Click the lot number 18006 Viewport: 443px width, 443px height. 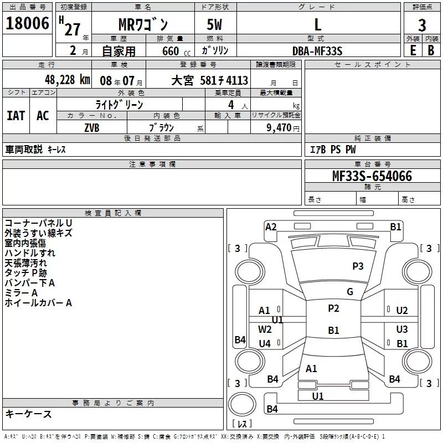pos(27,23)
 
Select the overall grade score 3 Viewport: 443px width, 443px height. pos(422,25)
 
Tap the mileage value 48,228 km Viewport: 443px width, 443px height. pos(67,80)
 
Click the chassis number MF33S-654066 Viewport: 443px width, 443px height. pos(372,176)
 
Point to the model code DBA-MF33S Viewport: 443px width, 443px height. pos(317,51)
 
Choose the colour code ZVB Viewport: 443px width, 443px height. pos(92,128)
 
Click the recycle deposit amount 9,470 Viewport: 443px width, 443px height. pos(279,127)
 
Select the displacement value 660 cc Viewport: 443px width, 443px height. pos(176,51)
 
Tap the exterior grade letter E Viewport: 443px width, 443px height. pos(413,50)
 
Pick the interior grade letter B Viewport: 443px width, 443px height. pos(431,50)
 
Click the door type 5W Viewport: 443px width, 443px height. pos(214,24)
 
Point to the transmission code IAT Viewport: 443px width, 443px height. pos(16,116)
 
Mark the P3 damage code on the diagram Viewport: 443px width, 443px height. pos(358,266)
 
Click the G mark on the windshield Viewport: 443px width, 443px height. pos(350,291)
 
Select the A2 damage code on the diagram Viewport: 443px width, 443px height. pos(271,227)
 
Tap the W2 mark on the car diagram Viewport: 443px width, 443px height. pos(265,329)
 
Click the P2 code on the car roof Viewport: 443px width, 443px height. pos(333,308)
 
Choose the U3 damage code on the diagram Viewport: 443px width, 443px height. pos(402,329)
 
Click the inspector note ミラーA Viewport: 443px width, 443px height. pos(21,293)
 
